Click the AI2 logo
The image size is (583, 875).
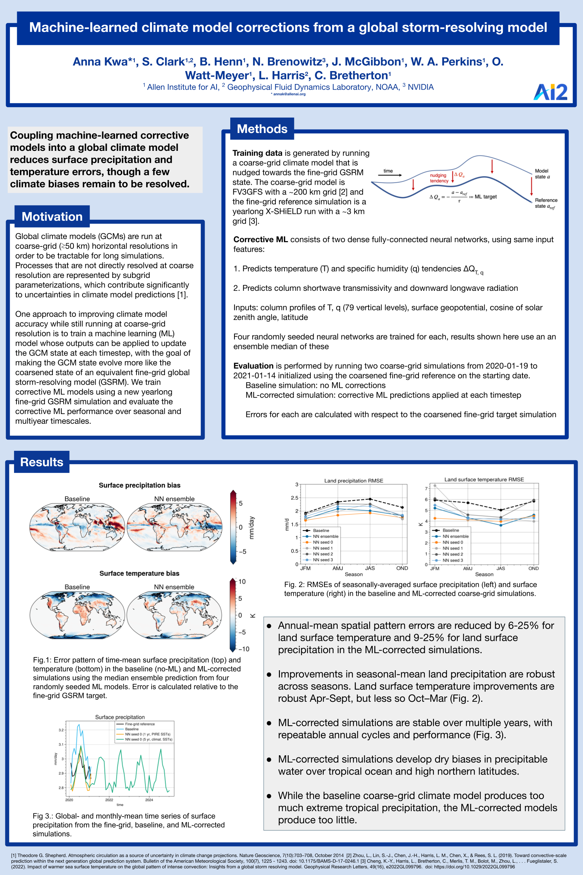coord(550,92)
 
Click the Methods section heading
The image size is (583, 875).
coord(262,129)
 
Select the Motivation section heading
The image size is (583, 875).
coord(52,216)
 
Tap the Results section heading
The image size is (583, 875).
coord(42,462)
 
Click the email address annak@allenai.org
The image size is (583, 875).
coord(289,94)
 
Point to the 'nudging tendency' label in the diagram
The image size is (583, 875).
coord(439,178)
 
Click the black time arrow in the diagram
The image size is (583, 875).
coord(392,175)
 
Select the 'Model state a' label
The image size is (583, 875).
coord(542,174)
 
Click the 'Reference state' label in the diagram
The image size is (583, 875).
coord(546,203)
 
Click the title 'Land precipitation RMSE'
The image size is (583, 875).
coord(353,481)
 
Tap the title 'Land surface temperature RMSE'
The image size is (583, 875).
coord(484,479)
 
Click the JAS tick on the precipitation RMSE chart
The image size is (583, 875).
coord(370,568)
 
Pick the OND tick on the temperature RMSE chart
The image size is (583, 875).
coord(533,568)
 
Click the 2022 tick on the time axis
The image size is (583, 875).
coord(109,800)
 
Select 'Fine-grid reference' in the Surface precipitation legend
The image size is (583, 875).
coord(140,724)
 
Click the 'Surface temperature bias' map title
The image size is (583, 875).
coord(139,573)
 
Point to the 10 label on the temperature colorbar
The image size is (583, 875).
coord(242,582)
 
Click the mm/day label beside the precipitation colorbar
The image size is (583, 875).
coord(252,527)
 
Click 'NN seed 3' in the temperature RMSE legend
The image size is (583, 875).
coord(452,560)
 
